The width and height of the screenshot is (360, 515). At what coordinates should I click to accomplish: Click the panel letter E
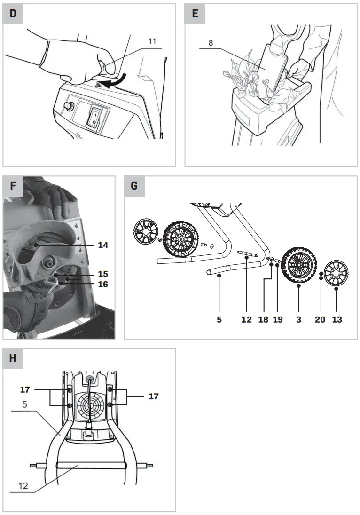[x=195, y=14]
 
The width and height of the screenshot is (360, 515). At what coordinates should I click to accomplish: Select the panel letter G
[x=134, y=186]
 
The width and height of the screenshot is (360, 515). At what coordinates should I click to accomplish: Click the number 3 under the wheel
[x=299, y=320]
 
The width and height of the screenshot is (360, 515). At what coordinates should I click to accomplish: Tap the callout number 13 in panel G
[x=337, y=320]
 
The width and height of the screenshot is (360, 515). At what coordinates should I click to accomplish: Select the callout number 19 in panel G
[x=278, y=320]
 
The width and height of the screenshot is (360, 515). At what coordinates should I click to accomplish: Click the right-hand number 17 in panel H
[x=153, y=396]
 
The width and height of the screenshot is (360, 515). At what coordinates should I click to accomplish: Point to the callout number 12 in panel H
[x=23, y=486]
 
